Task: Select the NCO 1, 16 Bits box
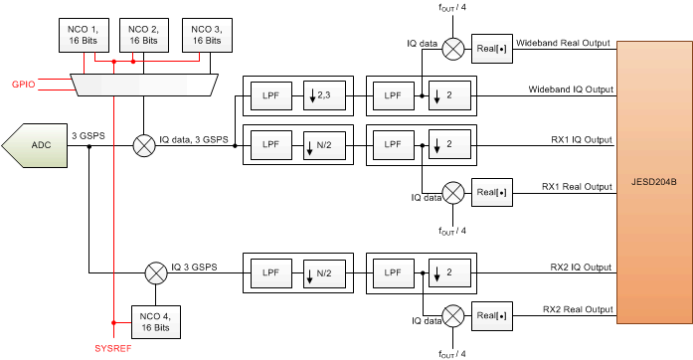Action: click(81, 36)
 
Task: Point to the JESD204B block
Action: click(653, 185)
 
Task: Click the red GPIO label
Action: click(25, 84)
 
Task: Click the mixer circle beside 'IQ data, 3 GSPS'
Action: click(145, 146)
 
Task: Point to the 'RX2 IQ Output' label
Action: click(582, 268)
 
